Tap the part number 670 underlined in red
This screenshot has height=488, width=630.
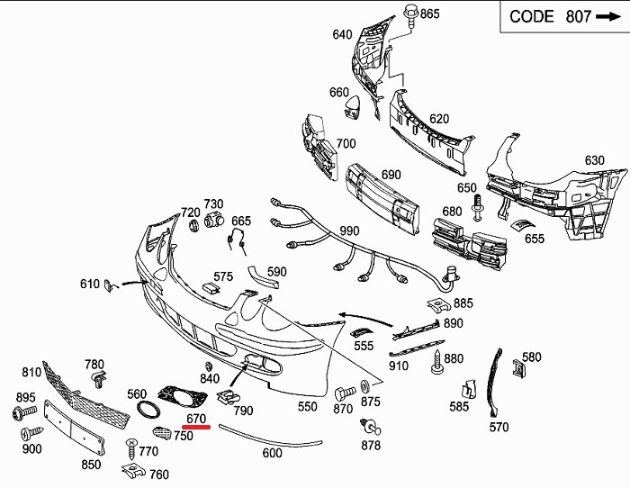196,419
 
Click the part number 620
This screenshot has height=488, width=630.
438,119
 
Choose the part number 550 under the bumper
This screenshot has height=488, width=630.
308,407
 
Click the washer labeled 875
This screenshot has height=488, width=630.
364,387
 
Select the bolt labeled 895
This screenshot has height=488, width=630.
20,412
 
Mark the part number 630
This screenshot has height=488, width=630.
594,161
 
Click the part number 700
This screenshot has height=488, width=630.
346,144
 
